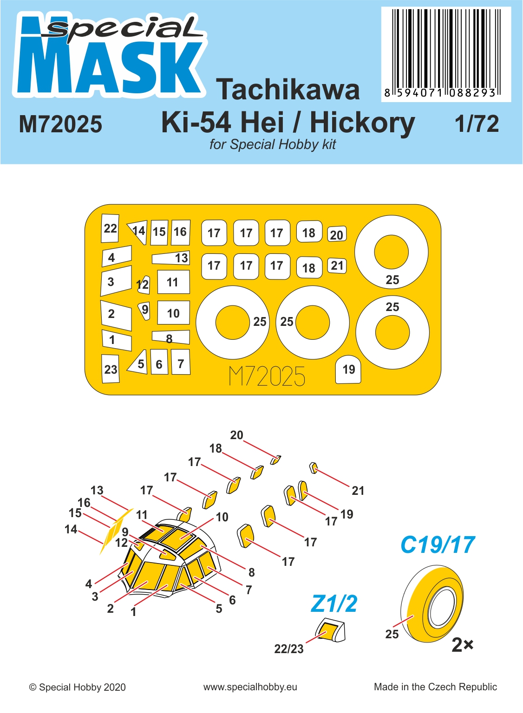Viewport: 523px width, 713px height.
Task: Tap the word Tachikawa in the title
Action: click(x=288, y=90)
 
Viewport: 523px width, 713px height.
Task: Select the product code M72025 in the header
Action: click(x=60, y=124)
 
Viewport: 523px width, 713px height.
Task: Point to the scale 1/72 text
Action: click(x=477, y=124)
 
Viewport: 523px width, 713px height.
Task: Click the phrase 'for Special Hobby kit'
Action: click(x=273, y=144)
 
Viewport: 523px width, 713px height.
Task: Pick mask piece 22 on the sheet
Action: click(x=110, y=228)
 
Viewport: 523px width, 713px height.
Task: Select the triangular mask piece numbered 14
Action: click(x=138, y=232)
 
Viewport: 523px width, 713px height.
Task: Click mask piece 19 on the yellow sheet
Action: click(x=348, y=369)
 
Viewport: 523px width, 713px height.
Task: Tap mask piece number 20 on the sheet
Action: click(x=337, y=235)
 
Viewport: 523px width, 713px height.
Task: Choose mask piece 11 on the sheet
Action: click(x=173, y=282)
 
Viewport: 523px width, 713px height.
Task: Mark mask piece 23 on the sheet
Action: click(x=111, y=369)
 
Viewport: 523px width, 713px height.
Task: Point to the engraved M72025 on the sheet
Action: click(x=267, y=376)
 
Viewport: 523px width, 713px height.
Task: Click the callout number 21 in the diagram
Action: click(x=358, y=491)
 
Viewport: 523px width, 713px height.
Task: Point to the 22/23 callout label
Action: click(x=289, y=649)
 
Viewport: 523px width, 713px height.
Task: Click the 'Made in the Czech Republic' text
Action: click(x=435, y=687)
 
